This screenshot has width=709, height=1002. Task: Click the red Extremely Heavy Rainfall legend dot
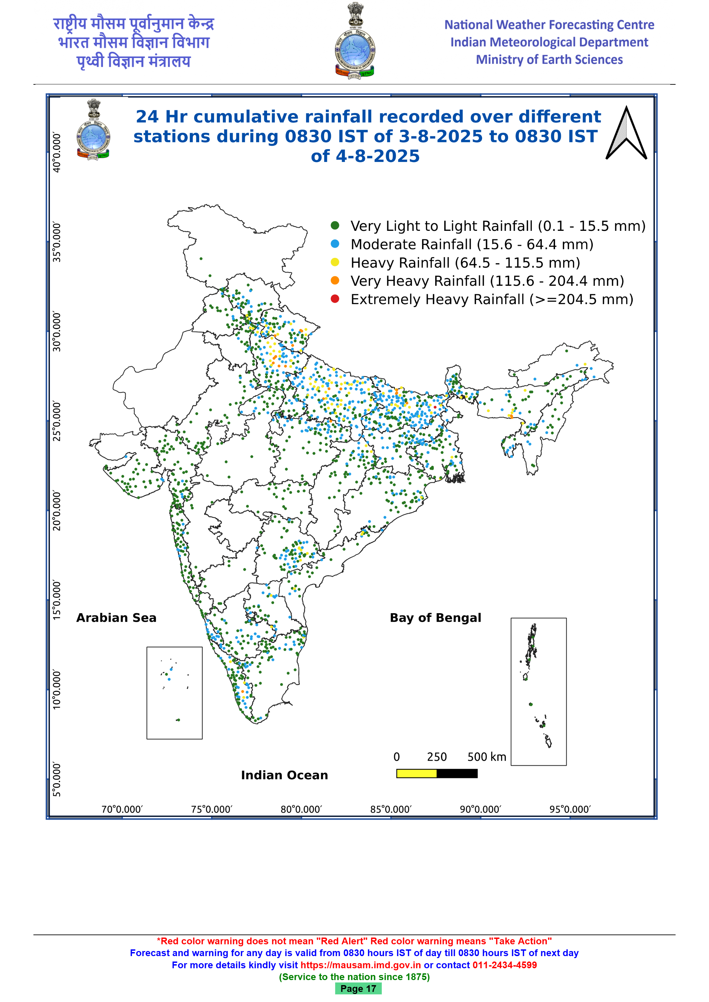[x=335, y=299]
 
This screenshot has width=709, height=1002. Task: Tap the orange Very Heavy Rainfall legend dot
[x=335, y=280]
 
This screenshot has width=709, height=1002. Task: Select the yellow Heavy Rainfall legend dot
[x=335, y=262]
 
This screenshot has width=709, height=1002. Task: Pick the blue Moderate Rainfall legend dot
[x=335, y=244]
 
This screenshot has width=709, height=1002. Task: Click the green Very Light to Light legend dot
[x=335, y=225]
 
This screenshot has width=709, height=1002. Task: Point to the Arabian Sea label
[x=116, y=618]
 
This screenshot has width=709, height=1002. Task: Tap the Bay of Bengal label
[x=435, y=618]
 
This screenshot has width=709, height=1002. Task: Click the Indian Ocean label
[x=284, y=775]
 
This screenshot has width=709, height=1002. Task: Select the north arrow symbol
[x=626, y=133]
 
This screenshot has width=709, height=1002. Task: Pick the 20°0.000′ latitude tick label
[x=57, y=511]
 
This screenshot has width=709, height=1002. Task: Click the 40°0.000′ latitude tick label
[x=57, y=153]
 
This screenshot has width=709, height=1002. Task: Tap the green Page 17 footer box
[x=358, y=989]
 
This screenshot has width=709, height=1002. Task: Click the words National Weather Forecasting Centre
[x=549, y=25]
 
